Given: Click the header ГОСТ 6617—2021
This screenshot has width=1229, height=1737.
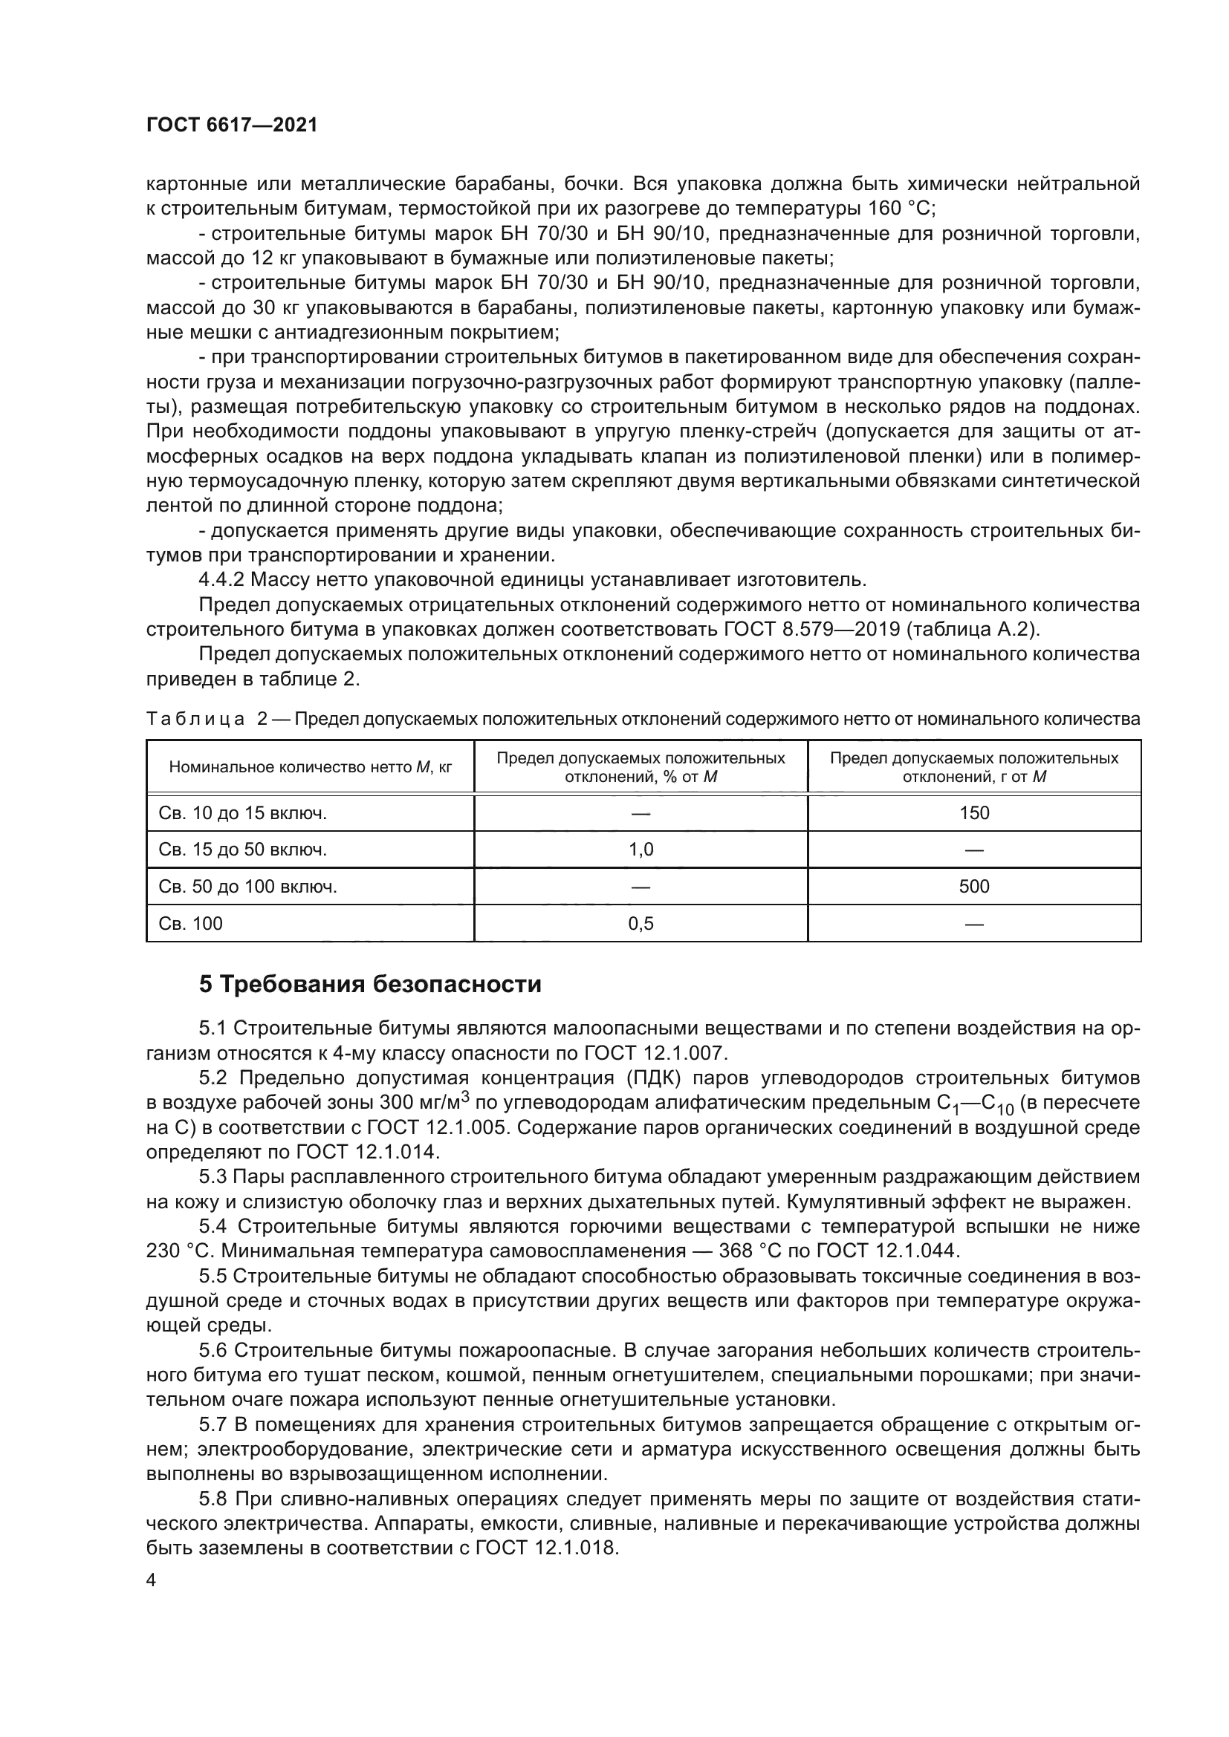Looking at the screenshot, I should (x=232, y=126).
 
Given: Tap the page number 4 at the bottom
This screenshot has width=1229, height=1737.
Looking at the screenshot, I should (x=152, y=1580).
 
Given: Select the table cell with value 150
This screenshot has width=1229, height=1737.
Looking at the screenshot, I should (x=974, y=813).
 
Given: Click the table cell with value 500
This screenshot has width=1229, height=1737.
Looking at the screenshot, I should (x=974, y=887).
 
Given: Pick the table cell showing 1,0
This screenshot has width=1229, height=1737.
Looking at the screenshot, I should (x=641, y=850).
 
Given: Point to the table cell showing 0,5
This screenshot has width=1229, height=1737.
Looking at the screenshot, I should (x=641, y=924).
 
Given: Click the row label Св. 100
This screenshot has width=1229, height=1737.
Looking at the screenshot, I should (x=191, y=924).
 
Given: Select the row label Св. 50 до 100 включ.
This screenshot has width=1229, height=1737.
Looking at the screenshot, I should (x=247, y=887).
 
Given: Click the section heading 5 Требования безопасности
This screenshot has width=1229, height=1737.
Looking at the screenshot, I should (x=370, y=984).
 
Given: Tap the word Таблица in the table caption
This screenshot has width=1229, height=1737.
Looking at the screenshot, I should (x=195, y=719).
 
